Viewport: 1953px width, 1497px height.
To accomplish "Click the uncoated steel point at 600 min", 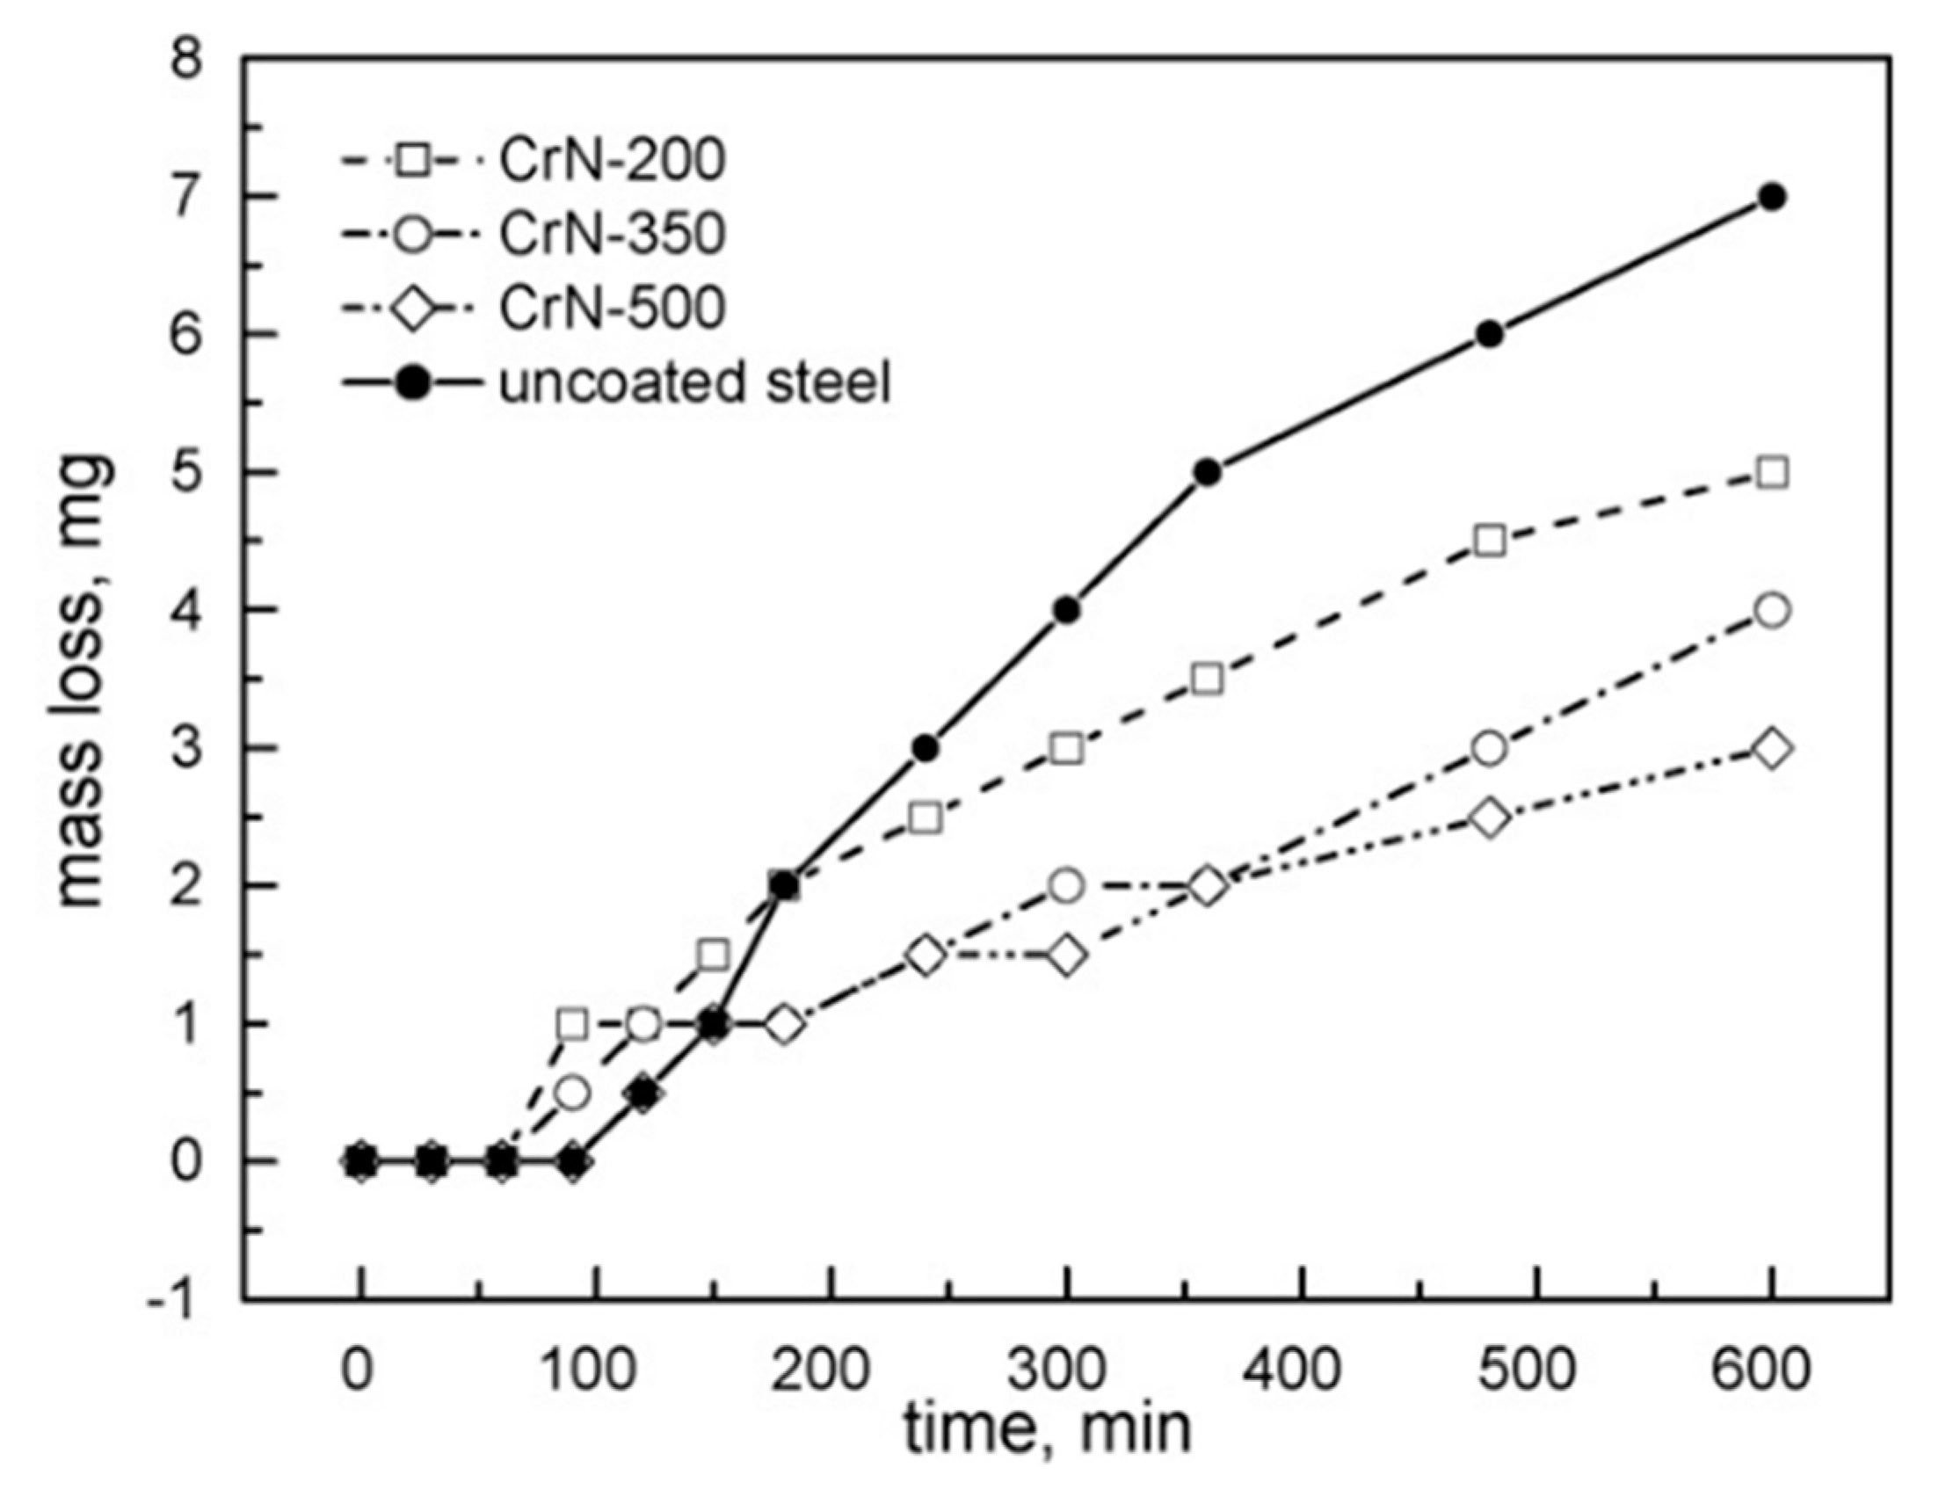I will [x=1772, y=197].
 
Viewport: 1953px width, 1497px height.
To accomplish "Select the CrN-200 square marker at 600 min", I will [x=1772, y=473].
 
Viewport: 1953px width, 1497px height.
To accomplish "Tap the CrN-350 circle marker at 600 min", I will [x=1772, y=611].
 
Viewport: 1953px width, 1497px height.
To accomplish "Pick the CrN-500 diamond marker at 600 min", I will [x=1772, y=750].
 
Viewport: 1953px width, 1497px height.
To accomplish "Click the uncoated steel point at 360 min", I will [x=1208, y=473].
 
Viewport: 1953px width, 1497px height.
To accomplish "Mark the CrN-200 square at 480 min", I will [x=1490, y=541].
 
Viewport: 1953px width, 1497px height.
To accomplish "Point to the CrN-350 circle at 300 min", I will [x=1066, y=887].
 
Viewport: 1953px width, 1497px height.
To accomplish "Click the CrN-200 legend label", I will [x=612, y=160].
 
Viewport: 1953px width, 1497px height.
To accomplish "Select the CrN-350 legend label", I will [x=612, y=235].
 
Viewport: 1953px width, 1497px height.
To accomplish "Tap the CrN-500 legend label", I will [x=612, y=309].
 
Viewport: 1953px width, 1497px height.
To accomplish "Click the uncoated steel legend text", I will [x=694, y=384].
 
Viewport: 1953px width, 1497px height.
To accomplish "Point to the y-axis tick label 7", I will [x=188, y=197].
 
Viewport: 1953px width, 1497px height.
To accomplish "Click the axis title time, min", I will [x=1048, y=1431].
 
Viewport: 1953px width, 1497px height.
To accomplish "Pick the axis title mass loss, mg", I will [x=84, y=681].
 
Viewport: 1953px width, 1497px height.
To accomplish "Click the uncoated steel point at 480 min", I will [x=1490, y=335].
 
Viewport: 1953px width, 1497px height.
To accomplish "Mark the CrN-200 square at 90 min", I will [x=572, y=1025].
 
